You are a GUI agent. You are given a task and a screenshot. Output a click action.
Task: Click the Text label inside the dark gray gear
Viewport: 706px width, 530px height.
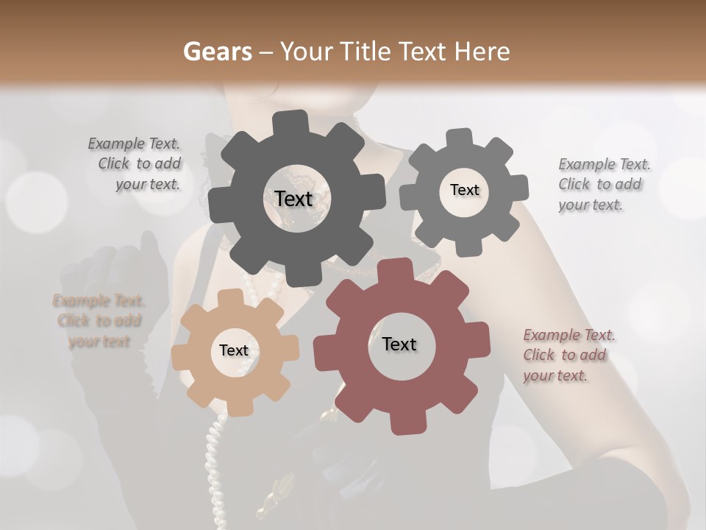click(293, 199)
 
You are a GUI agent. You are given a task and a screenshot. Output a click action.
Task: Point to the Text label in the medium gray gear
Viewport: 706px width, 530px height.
click(464, 190)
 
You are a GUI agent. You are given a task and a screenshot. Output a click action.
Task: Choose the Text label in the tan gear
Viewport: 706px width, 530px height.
click(234, 350)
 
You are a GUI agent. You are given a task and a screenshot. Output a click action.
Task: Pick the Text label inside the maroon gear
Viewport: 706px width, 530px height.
click(399, 344)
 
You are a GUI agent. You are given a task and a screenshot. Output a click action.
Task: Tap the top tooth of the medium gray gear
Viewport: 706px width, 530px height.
click(460, 138)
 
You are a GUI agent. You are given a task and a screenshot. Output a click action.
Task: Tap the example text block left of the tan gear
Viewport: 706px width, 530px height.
click(99, 321)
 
